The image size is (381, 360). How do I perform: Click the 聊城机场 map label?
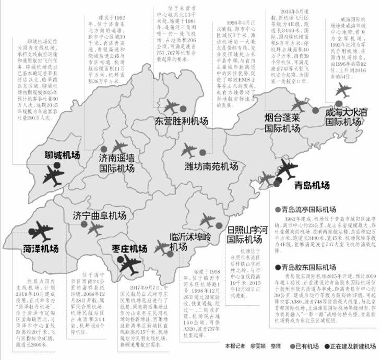pyautogui.click(x=60, y=155)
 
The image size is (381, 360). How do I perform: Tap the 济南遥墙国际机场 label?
pyautogui.click(x=117, y=163)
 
